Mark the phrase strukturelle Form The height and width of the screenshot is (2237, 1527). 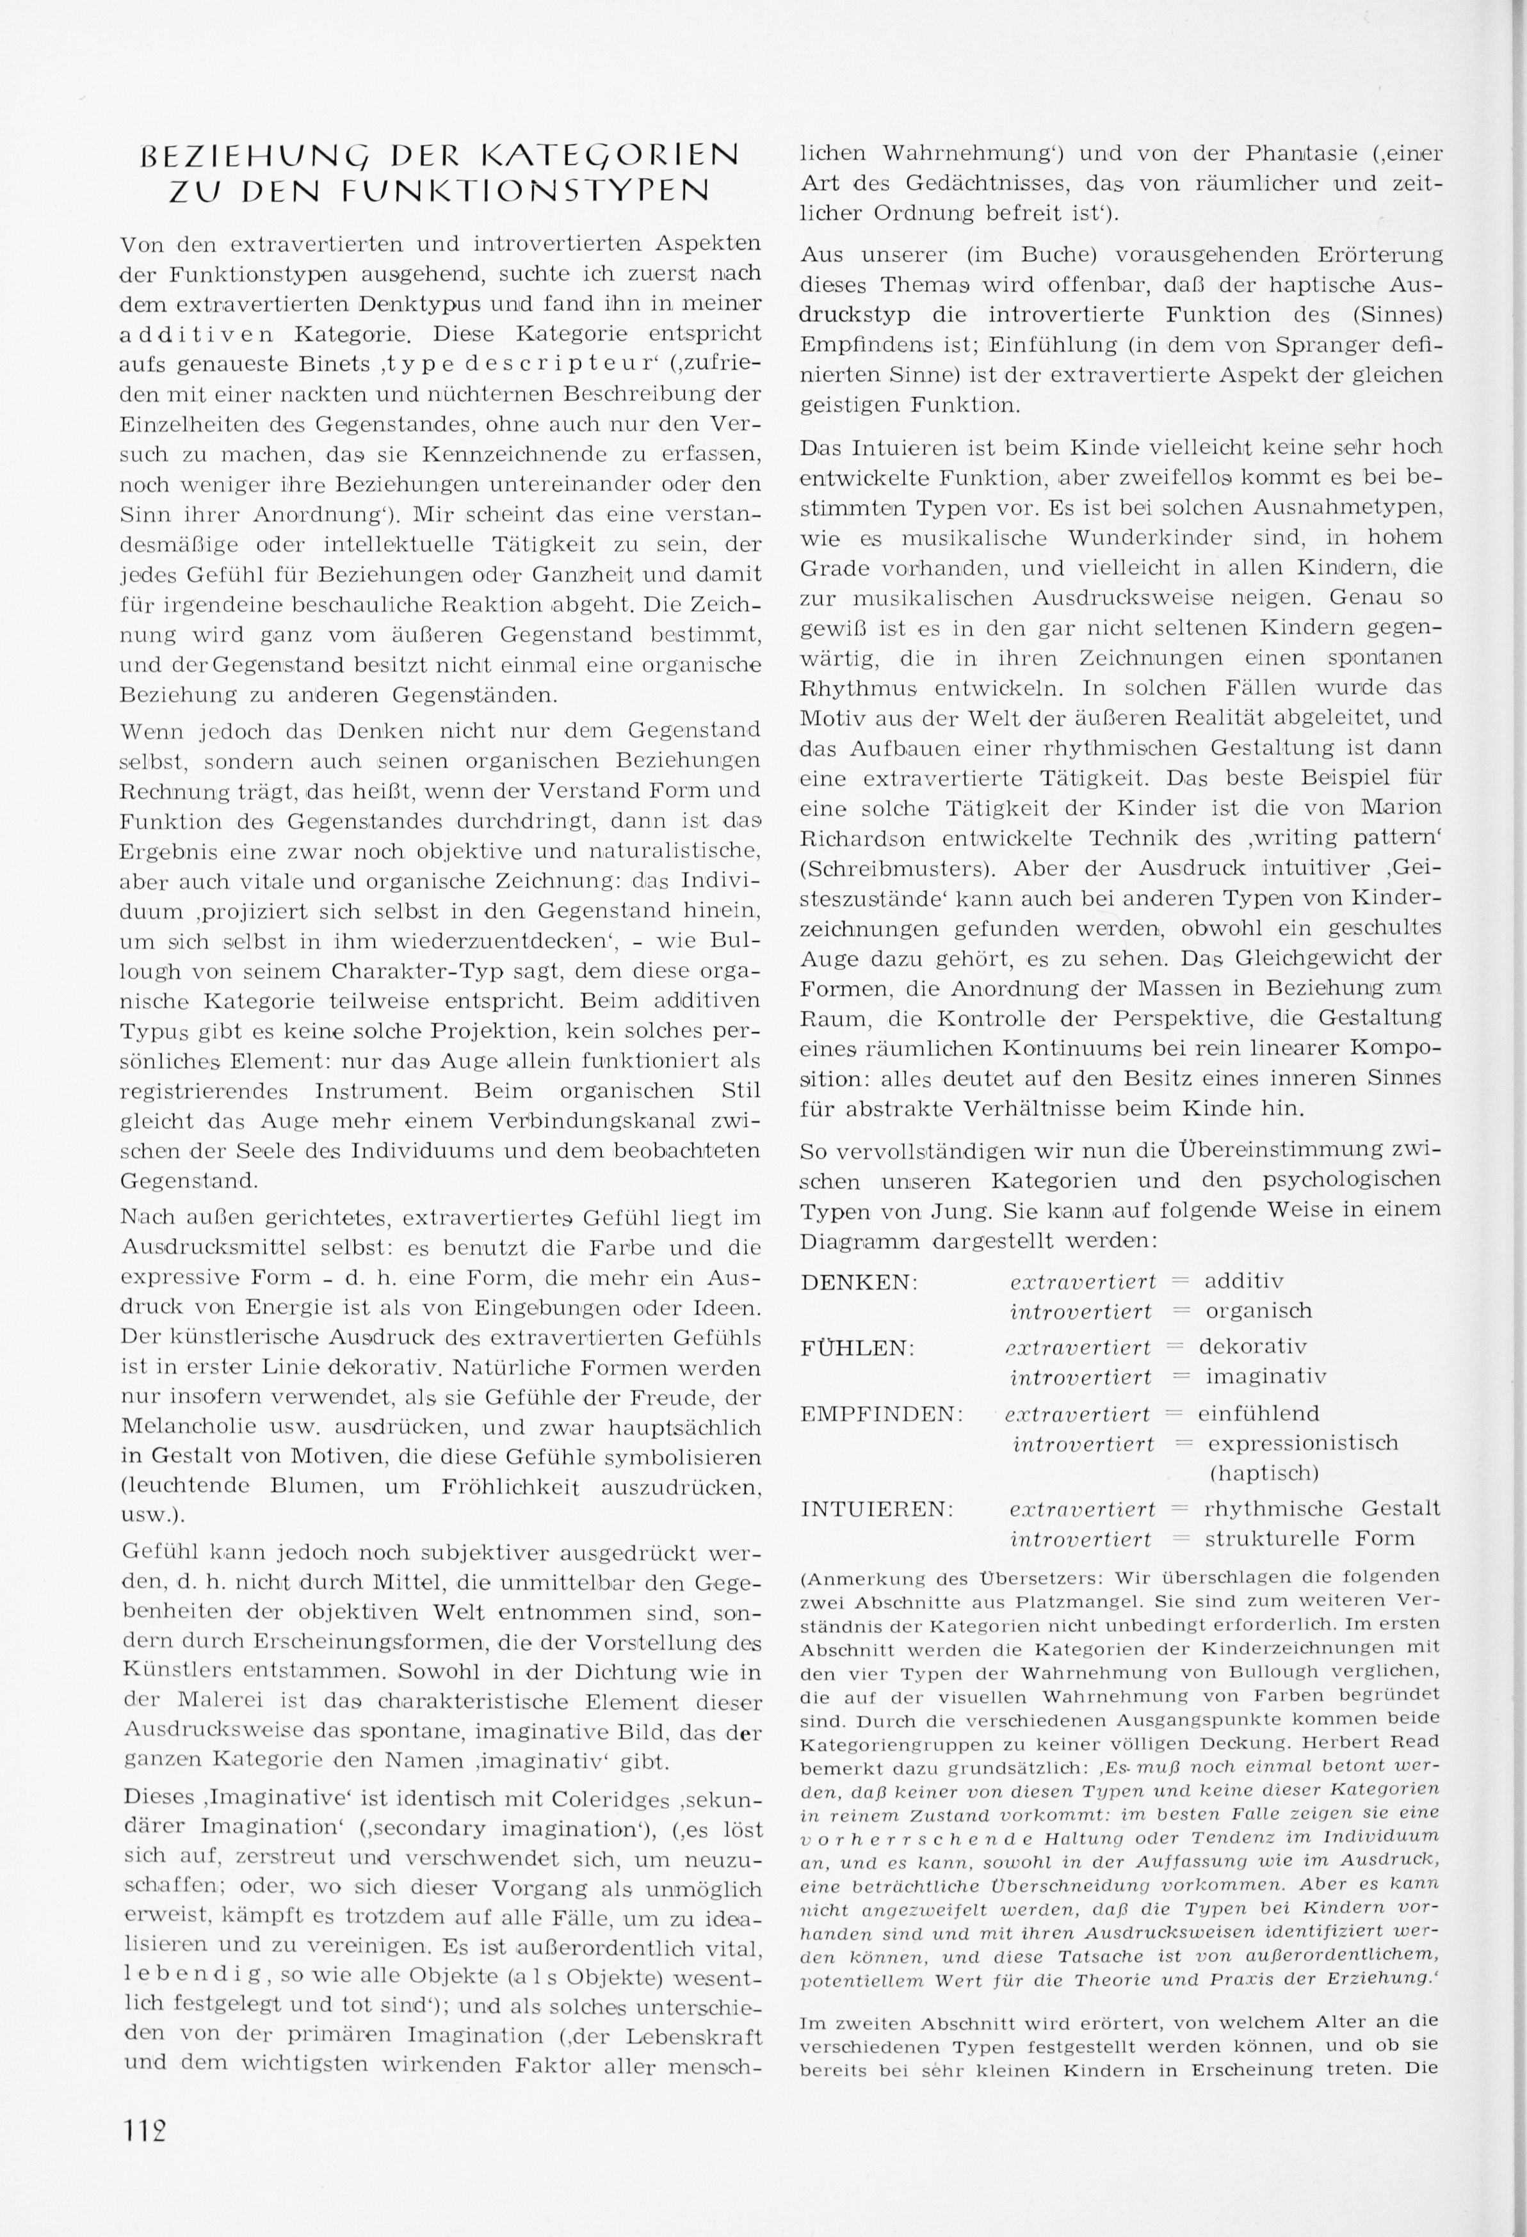(x=1309, y=1538)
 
